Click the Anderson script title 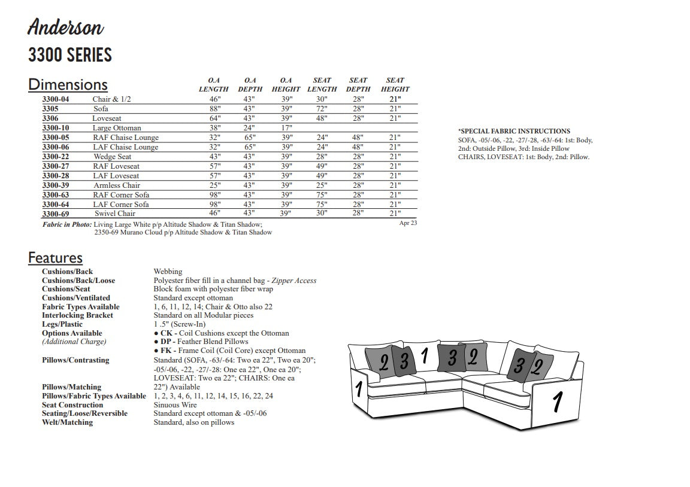coord(65,27)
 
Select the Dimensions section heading coord(68,85)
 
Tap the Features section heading coord(55,258)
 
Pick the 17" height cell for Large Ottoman coord(286,128)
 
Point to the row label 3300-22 coord(56,157)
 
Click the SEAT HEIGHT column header coord(395,84)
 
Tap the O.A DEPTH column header coord(250,84)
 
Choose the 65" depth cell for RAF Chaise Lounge coord(250,138)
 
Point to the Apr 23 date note coord(408,223)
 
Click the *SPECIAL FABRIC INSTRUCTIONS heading coord(514,131)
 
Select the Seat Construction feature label coord(72,405)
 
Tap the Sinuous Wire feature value coord(175,405)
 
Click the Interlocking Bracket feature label coord(78,315)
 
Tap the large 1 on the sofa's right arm coord(557,402)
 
